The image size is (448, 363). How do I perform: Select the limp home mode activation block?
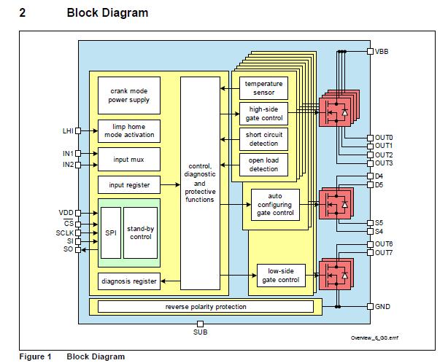pyautogui.click(x=128, y=131)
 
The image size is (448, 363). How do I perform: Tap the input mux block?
pyautogui.click(x=128, y=159)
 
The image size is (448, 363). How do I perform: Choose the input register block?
pyautogui.click(x=128, y=185)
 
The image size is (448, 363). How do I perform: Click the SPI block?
pyautogui.click(x=110, y=232)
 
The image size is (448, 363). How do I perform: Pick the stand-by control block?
pyautogui.click(x=139, y=232)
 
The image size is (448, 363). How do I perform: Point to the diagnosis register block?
pyautogui.click(x=128, y=281)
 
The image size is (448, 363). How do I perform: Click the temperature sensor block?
pyautogui.click(x=263, y=88)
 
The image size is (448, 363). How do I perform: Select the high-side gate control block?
pyautogui.click(x=263, y=113)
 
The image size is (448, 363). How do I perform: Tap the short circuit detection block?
pyautogui.click(x=263, y=138)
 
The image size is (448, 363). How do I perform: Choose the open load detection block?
pyautogui.click(x=263, y=163)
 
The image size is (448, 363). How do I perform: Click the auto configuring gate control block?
pyautogui.click(x=274, y=204)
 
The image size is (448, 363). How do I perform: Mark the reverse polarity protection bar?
pyautogui.click(x=205, y=306)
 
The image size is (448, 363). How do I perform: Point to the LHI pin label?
pyautogui.click(x=68, y=131)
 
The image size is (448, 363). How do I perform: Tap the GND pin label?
pyautogui.click(x=382, y=306)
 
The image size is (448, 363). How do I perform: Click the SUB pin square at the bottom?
pyautogui.click(x=200, y=324)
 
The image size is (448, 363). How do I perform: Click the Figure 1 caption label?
pyautogui.click(x=34, y=356)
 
